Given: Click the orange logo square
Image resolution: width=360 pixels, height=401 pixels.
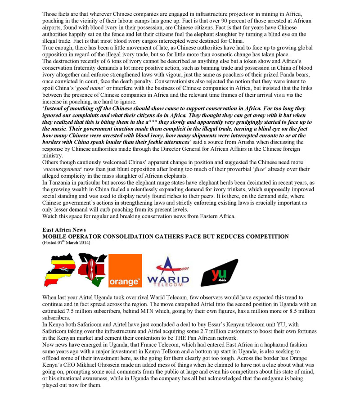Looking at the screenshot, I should pos(125,270).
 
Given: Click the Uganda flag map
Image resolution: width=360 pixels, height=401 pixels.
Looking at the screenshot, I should pos(59,270).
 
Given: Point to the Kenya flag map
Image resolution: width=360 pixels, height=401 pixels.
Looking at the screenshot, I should pos(92,270).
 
